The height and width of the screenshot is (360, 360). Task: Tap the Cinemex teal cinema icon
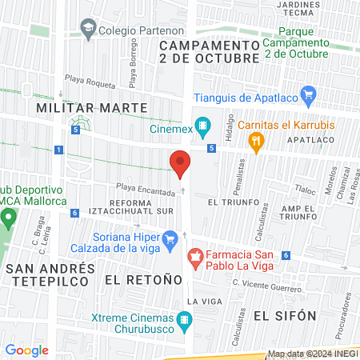point(204,126)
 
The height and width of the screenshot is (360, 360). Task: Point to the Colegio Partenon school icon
point(87,30)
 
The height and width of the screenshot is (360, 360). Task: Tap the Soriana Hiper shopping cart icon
point(170,238)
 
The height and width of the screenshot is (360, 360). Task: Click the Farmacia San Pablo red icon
point(194,257)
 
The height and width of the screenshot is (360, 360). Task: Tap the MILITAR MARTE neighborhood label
point(92,107)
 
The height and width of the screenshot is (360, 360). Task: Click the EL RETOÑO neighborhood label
point(138,281)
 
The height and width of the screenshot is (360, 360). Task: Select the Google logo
point(26,350)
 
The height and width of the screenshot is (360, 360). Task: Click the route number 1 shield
point(58,150)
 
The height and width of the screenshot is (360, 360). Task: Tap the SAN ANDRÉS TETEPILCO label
point(44,276)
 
